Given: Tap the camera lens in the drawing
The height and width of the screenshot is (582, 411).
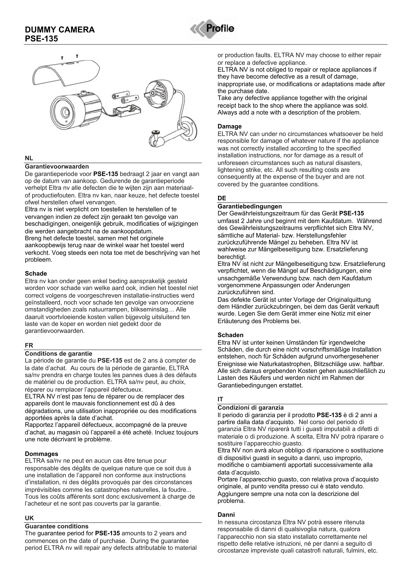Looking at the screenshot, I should point(65,112).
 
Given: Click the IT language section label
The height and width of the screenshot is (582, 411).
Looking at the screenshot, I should point(220,399).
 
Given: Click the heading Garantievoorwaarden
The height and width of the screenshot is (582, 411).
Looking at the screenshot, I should point(57,167).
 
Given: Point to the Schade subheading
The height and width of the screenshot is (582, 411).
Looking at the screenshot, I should point(36,274).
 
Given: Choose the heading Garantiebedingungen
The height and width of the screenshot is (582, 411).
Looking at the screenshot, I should point(250,206).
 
